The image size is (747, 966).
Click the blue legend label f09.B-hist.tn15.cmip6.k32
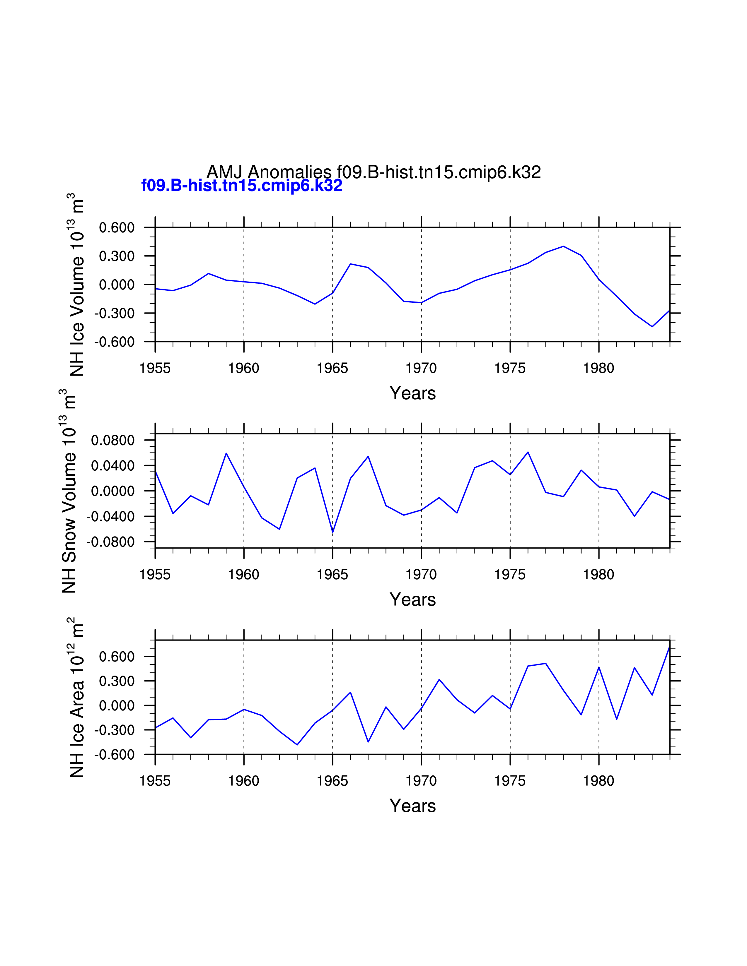tap(242, 185)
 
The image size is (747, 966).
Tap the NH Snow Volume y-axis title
tap(69, 491)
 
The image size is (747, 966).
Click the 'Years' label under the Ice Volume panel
tap(412, 393)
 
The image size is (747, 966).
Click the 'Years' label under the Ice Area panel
tap(412, 806)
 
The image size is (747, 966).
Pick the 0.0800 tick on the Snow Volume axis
tap(112, 441)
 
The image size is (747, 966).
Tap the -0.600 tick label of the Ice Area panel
tap(114, 755)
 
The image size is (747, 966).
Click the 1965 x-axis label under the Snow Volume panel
tap(332, 575)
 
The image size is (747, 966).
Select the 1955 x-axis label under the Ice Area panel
tap(155, 781)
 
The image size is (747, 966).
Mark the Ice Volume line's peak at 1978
tap(563, 246)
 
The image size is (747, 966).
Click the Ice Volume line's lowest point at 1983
tap(652, 326)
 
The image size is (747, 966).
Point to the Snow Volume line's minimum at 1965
tap(333, 532)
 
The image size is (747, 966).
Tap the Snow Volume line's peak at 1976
tap(528, 452)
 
